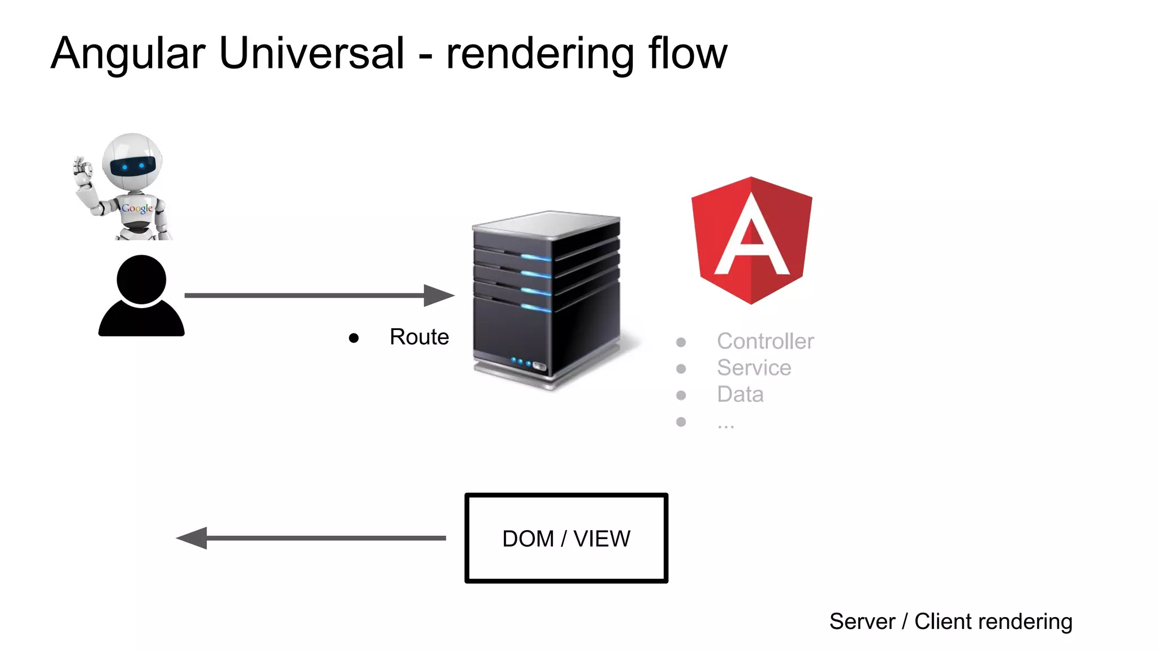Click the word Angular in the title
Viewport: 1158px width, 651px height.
point(128,54)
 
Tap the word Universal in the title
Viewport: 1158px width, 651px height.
point(311,54)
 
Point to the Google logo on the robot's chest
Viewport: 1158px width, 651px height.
point(137,209)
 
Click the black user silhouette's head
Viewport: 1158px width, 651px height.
point(141,280)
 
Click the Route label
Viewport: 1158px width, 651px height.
point(419,337)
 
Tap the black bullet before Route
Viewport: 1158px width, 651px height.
point(354,338)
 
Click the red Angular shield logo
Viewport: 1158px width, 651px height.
point(751,240)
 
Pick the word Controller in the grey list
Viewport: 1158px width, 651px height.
point(765,341)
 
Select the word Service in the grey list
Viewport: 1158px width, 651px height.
point(754,368)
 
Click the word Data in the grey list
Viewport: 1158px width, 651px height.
point(740,394)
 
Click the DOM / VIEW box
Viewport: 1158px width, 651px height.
point(566,538)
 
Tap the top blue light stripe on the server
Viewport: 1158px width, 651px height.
point(535,258)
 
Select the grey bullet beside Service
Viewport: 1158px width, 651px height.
point(681,369)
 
